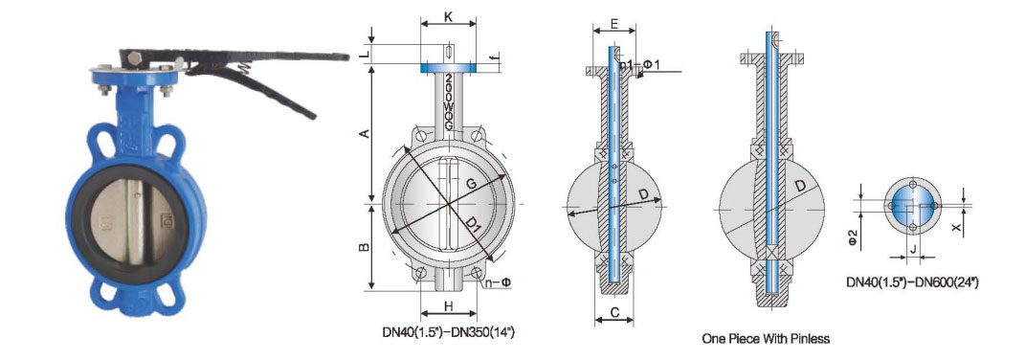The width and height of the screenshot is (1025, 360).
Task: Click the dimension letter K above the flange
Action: point(449,17)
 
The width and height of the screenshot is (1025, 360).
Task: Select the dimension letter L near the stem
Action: point(365,54)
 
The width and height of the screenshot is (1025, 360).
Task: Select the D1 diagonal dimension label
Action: point(473,227)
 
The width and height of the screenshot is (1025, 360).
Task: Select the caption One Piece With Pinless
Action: point(766,339)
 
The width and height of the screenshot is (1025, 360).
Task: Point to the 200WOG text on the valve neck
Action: point(449,101)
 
